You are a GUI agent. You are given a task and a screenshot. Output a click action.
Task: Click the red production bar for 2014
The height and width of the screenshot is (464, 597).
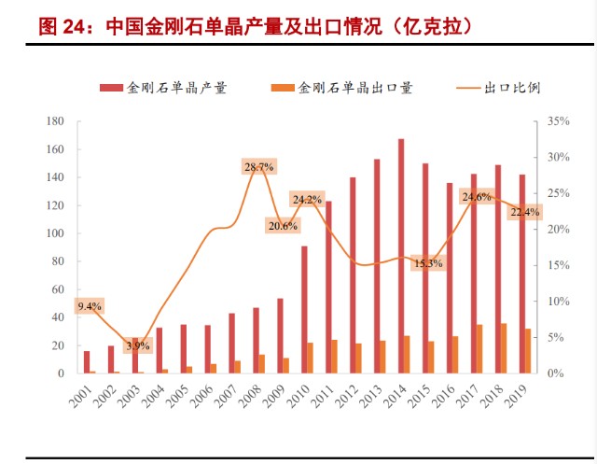400,257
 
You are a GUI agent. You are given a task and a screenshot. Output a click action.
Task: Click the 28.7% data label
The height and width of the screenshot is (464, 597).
258,167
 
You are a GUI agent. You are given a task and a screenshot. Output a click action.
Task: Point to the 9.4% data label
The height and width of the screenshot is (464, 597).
90,306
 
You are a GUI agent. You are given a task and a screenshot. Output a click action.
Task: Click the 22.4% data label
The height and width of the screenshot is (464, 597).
524,213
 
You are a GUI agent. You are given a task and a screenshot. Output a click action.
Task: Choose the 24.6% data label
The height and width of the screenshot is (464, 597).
476,197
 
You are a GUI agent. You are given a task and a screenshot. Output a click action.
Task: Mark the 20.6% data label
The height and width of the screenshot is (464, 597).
282,226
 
